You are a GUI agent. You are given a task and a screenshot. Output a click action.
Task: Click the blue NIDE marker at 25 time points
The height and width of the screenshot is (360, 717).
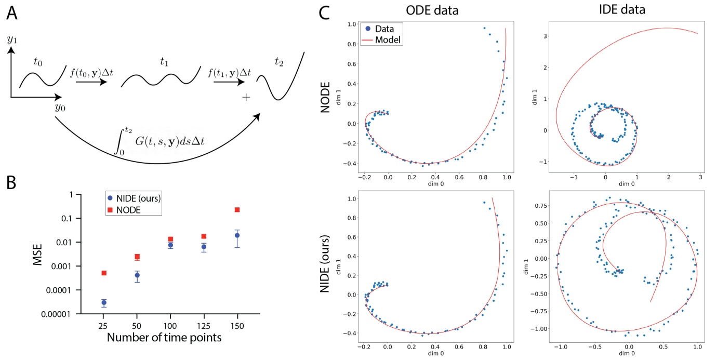(x=104, y=302)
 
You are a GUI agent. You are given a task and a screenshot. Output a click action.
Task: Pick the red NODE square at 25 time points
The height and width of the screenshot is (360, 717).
(x=104, y=273)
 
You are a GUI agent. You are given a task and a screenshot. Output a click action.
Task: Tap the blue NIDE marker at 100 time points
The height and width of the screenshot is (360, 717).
(x=170, y=245)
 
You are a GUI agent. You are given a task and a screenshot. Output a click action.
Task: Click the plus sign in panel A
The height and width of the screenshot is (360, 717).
(x=246, y=98)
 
